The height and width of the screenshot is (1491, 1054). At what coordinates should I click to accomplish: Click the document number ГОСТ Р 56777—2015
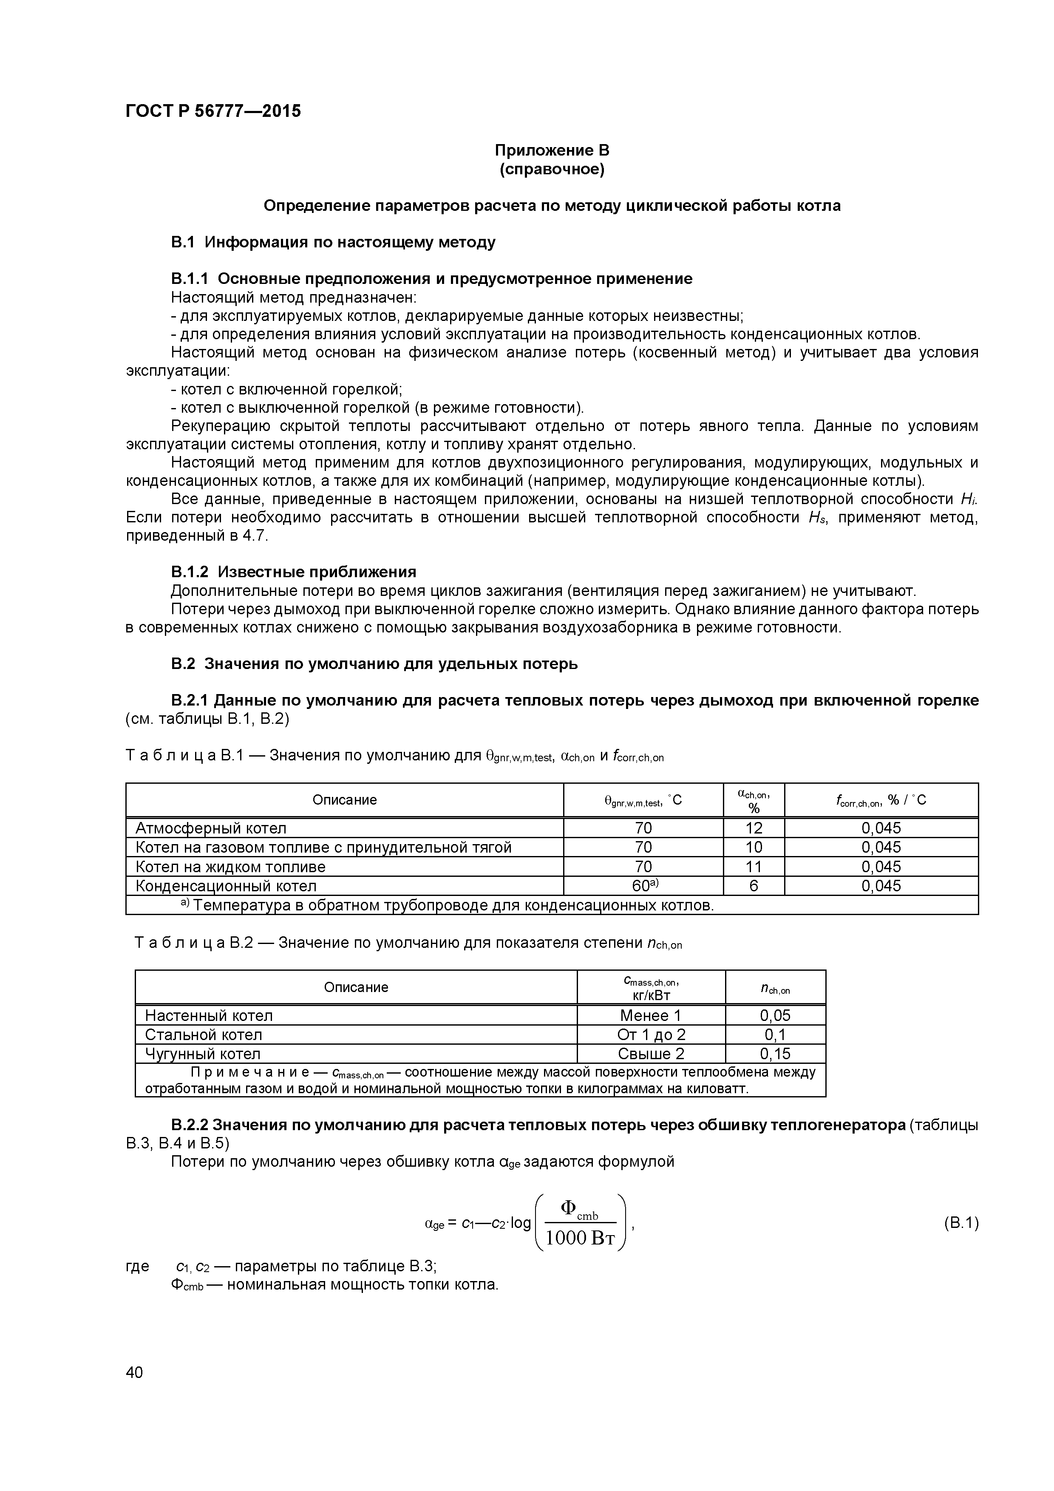coord(213,111)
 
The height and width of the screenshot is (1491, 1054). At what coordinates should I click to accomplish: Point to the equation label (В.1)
coord(960,1224)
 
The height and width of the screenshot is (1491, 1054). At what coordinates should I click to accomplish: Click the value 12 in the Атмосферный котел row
coord(754,828)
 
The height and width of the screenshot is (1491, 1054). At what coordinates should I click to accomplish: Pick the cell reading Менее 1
coord(650,1015)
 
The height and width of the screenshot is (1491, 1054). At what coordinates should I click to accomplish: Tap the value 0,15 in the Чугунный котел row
coord(775,1053)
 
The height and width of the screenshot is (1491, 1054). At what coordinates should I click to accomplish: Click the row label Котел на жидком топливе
coord(230,867)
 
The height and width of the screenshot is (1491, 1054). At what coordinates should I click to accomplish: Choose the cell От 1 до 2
coord(651,1035)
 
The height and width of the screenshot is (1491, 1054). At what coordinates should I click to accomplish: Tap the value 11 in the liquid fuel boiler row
coord(754,867)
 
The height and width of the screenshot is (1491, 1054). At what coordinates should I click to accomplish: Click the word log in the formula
coord(520,1224)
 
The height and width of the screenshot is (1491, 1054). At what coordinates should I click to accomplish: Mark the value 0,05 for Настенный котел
coord(775,1015)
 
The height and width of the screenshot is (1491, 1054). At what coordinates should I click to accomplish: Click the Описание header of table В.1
coord(344,800)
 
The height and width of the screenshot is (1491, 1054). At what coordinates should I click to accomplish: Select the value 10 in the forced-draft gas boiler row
coord(754,848)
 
